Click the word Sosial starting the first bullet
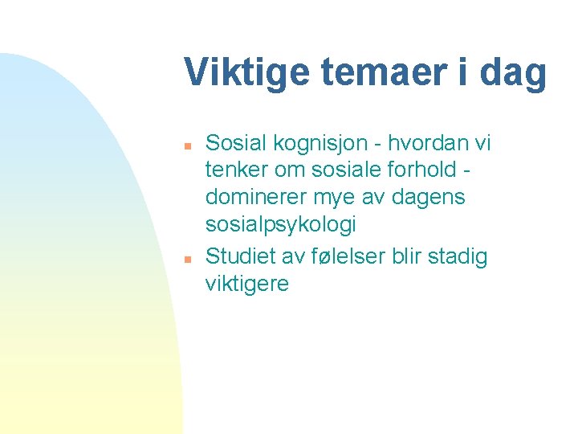(x=239, y=144)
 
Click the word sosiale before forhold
(x=359, y=171)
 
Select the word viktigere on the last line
(x=247, y=284)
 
